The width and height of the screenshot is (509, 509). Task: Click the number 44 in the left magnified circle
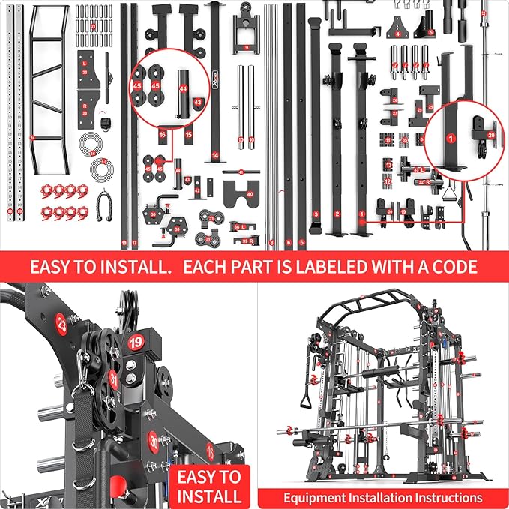[184, 88]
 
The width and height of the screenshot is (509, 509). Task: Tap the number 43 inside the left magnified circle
[198, 103]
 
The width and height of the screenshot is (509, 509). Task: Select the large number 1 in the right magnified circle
[451, 138]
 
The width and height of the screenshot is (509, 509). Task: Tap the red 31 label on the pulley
[112, 379]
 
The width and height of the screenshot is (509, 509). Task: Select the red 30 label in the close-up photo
[154, 440]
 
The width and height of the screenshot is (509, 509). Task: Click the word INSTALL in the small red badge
[208, 496]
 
